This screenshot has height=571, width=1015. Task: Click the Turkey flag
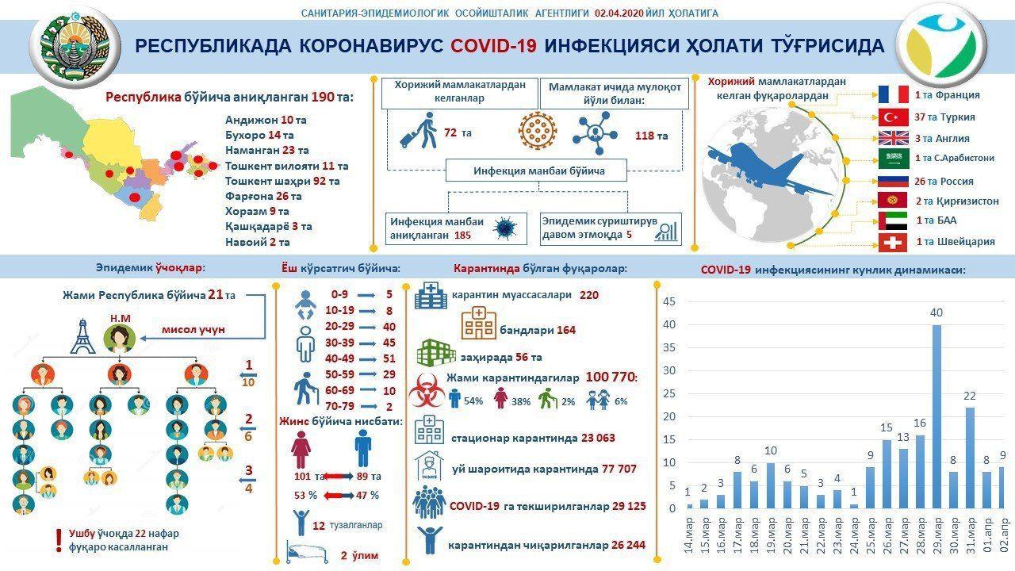pos(893,117)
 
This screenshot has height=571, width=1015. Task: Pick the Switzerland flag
pos(893,242)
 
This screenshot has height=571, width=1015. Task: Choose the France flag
pos(893,94)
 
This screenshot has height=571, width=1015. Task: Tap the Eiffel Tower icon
pos(82,336)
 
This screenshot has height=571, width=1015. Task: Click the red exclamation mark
pos(57,540)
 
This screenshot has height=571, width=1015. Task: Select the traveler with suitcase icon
pos(418,131)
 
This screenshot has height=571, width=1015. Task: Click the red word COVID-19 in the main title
pos(493,46)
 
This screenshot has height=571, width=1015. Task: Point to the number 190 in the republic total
pos(323,98)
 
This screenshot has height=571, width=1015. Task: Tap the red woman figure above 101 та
pos(301,448)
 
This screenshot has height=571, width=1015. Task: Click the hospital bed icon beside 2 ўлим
pos(306,554)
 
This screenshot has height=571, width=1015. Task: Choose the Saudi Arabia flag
pos(893,158)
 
